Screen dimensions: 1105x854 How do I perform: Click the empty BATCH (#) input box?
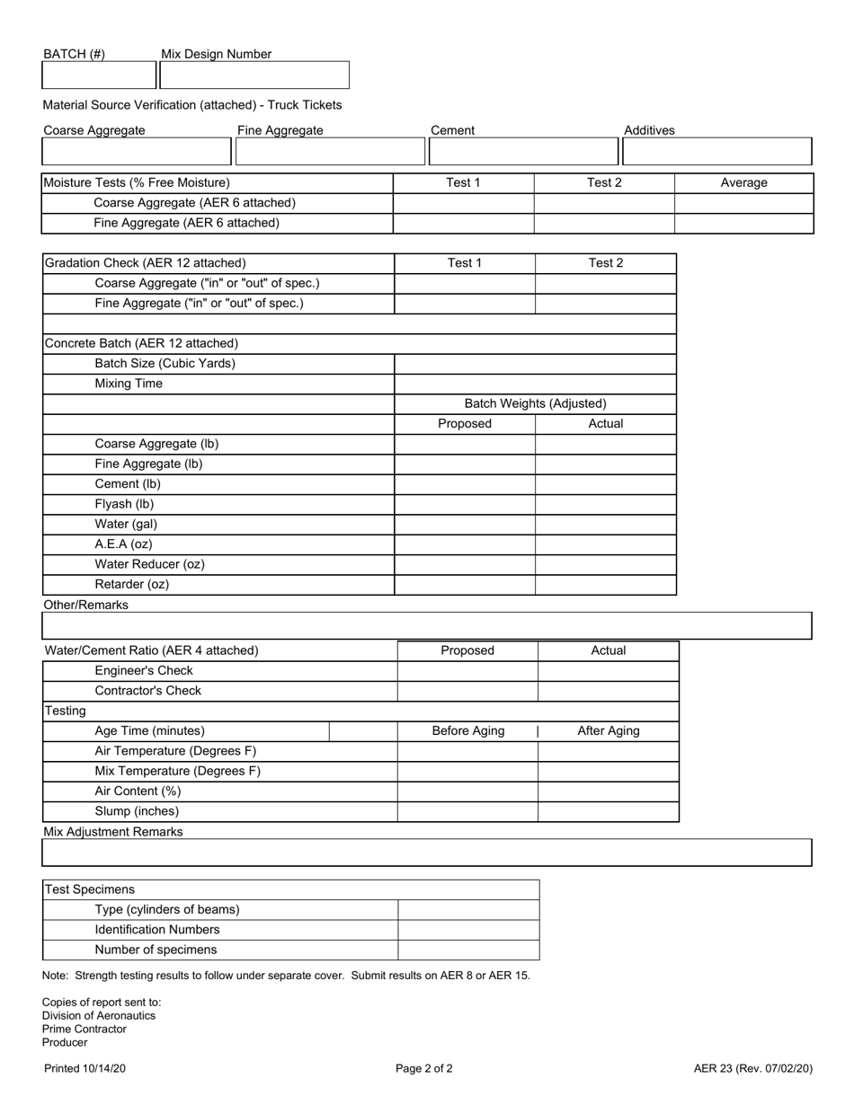(99, 75)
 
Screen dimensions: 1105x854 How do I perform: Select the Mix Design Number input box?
(254, 75)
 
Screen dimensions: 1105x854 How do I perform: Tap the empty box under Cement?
(523, 151)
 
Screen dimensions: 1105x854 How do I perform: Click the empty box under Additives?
(716, 151)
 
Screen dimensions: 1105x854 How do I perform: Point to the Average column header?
(743, 183)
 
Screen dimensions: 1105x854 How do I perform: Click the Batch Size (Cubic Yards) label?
(165, 364)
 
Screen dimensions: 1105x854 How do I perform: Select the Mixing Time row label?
(129, 384)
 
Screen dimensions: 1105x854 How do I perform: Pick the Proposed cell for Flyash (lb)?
(465, 504)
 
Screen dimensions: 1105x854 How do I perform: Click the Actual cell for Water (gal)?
(605, 524)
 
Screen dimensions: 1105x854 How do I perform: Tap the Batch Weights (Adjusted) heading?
(535, 404)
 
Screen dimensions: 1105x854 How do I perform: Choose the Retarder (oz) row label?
(131, 585)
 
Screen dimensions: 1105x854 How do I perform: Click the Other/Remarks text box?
(427, 625)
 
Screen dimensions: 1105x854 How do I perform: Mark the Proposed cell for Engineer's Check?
(467, 671)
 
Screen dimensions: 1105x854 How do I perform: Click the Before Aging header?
(467, 731)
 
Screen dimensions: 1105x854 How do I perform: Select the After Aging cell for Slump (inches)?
(608, 811)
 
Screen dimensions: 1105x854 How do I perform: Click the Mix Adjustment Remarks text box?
(427, 853)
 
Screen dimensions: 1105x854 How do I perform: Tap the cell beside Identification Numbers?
(468, 930)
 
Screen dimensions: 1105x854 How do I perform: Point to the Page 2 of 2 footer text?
(423, 1069)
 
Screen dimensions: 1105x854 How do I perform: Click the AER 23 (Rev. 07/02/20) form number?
(752, 1069)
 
